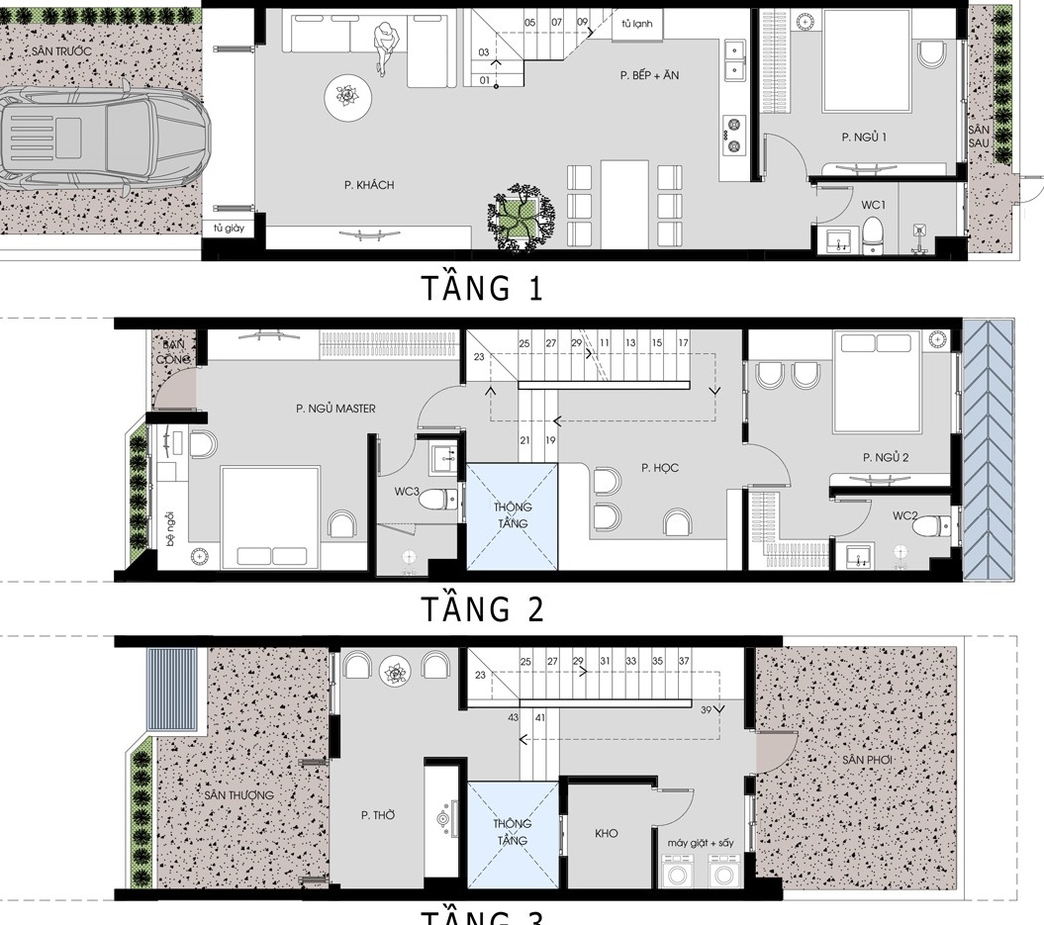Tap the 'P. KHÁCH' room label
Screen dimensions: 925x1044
click(369, 185)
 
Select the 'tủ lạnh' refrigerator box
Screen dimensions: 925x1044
click(636, 23)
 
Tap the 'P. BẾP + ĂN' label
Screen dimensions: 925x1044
click(649, 75)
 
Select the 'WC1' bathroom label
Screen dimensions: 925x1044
click(873, 205)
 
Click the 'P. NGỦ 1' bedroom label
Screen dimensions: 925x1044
click(863, 137)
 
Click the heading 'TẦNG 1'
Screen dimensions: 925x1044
click(482, 289)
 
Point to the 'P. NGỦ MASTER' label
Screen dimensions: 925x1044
click(334, 408)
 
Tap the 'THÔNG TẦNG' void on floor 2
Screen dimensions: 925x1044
click(512, 515)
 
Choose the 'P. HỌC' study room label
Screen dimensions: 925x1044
click(659, 468)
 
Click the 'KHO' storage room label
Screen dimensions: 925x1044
click(607, 833)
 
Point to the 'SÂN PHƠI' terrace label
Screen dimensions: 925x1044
click(868, 759)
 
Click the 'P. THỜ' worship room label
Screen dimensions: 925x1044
click(378, 815)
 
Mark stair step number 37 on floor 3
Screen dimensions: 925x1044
click(684, 661)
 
